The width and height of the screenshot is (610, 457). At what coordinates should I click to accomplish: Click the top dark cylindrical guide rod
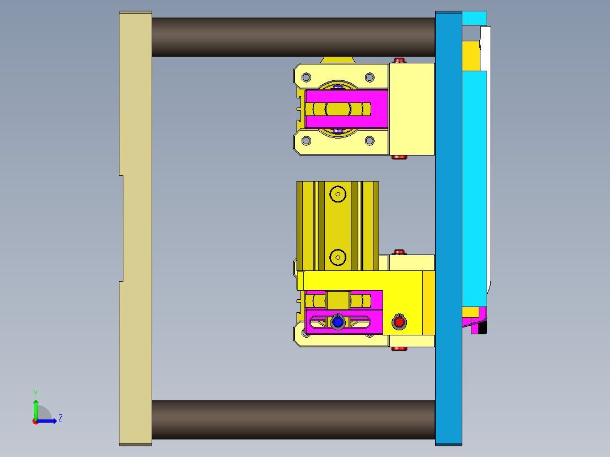point(293,37)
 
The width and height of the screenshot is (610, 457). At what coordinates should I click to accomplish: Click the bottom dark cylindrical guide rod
point(293,420)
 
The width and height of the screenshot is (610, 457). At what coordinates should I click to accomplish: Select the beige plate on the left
point(135,226)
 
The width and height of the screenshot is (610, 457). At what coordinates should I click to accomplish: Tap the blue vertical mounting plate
point(448,226)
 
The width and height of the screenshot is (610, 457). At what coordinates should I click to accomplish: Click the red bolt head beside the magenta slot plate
point(399,322)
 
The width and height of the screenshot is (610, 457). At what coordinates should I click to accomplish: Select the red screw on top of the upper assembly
point(399,60)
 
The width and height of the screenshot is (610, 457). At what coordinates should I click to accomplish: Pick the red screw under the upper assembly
point(399,157)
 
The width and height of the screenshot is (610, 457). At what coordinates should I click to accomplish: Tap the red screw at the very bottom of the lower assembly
point(399,349)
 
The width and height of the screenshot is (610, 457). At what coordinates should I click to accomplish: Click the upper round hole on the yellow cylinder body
point(338,194)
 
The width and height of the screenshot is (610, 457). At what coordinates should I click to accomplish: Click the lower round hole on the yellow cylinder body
point(338,257)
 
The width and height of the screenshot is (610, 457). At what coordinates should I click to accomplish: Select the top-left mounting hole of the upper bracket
point(306,77)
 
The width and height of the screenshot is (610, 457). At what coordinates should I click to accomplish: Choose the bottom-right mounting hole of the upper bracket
point(369,140)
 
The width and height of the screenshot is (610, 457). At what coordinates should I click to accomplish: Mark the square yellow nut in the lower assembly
point(338,300)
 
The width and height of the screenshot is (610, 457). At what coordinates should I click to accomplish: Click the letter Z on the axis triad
point(60,418)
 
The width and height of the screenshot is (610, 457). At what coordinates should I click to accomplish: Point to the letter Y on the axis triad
point(35,393)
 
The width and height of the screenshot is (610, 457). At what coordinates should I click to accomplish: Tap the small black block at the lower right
point(482,328)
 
